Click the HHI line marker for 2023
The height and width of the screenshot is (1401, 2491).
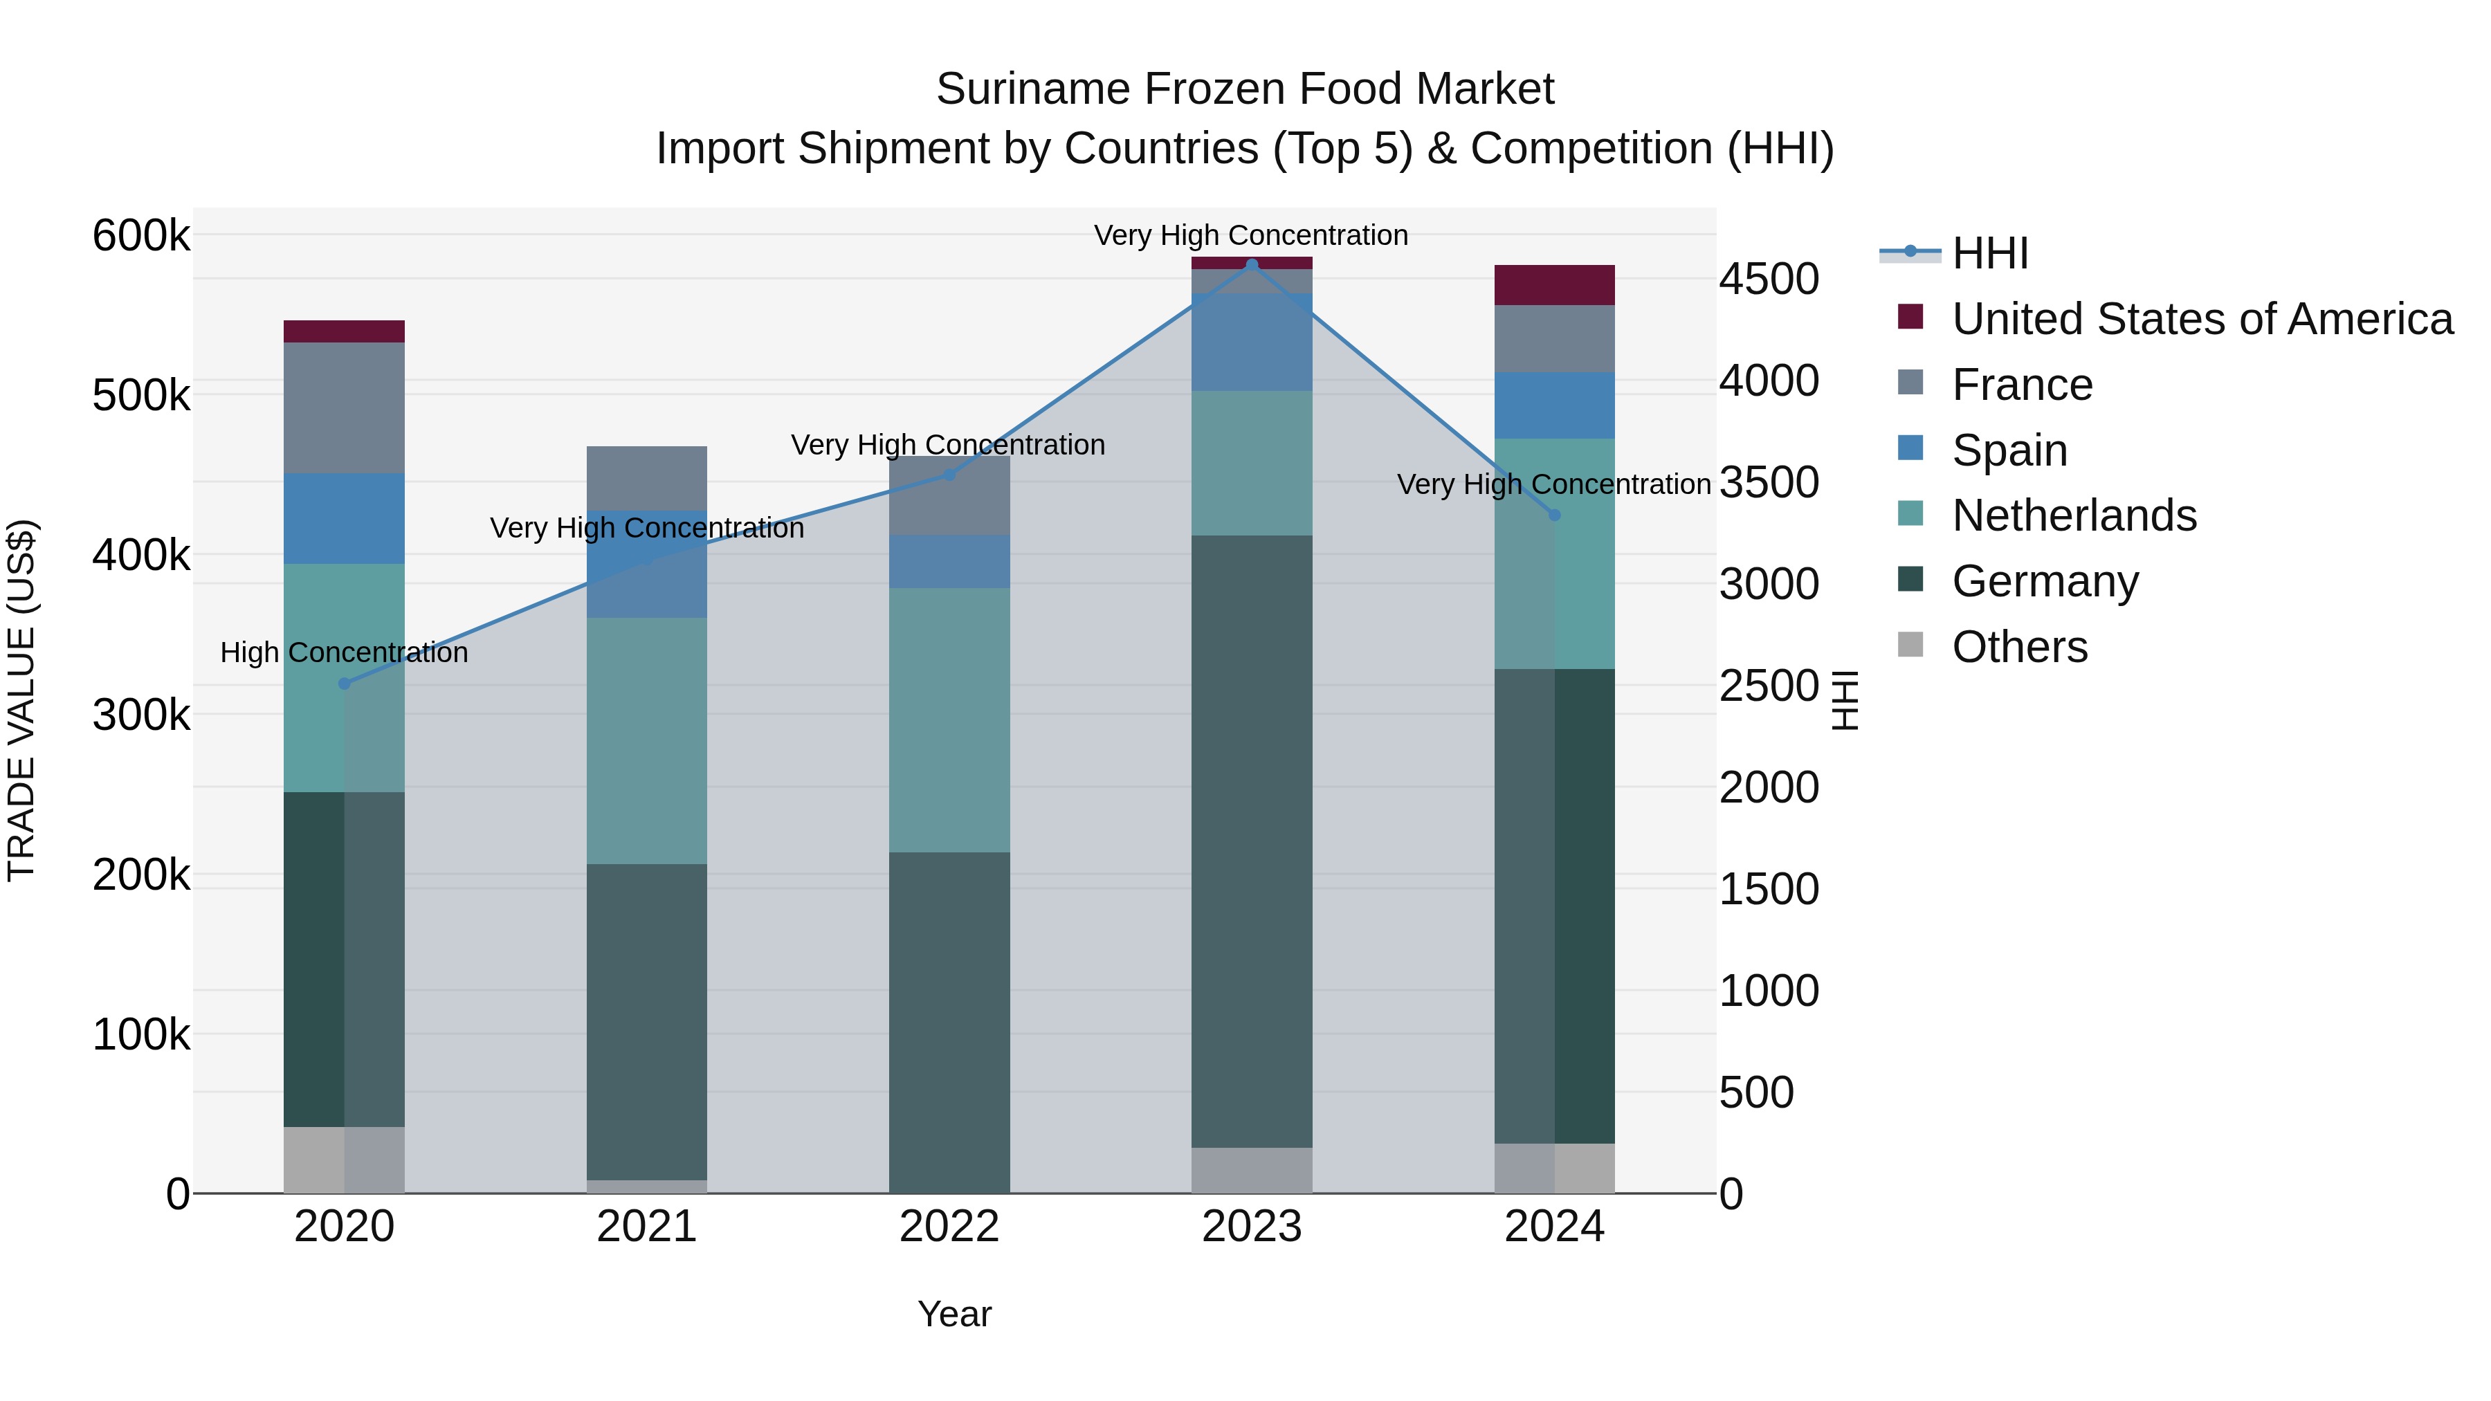[x=1251, y=265]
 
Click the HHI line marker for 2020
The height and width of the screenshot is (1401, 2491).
[x=345, y=684]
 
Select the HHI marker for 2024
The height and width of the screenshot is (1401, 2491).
[x=1554, y=515]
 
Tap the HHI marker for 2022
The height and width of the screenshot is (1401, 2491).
[x=949, y=475]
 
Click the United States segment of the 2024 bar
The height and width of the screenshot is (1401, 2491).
[x=1554, y=285]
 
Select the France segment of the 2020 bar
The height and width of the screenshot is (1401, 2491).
[x=345, y=408]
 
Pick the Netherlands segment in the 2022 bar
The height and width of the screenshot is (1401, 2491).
[x=949, y=720]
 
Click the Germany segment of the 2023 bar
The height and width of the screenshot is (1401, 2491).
[x=1251, y=841]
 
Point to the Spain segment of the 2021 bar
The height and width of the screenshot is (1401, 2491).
[x=646, y=564]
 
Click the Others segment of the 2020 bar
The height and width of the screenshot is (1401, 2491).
[x=345, y=1160]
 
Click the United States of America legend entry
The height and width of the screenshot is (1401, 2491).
[x=2201, y=319]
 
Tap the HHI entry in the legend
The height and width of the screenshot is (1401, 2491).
[x=1989, y=253]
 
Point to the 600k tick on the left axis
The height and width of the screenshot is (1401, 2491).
[x=141, y=236]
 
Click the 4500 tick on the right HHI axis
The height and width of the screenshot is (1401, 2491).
[x=1769, y=280]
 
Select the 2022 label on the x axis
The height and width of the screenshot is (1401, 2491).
[x=949, y=1227]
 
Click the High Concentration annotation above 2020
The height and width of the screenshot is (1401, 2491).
[x=345, y=652]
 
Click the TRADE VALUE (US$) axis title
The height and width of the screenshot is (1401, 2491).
[x=21, y=700]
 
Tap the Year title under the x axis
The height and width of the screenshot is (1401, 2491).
[x=953, y=1314]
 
